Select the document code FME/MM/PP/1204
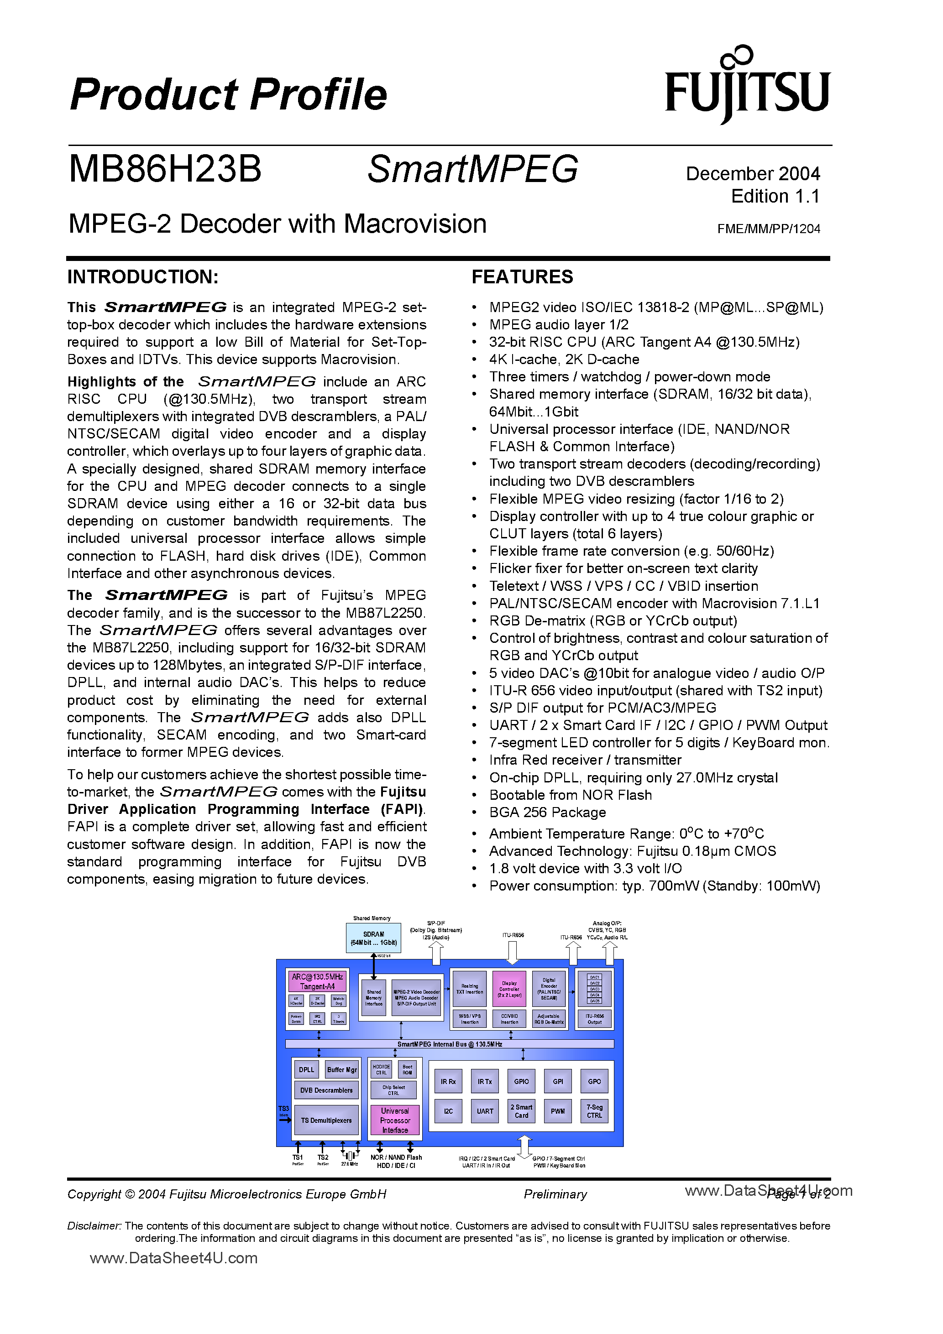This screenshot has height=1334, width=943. coord(768,229)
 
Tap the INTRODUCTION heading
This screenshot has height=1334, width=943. coord(143,276)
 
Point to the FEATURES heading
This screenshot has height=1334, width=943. coord(522,276)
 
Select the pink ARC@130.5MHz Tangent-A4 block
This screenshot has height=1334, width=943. coord(317,981)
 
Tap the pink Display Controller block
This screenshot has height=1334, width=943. coord(509,989)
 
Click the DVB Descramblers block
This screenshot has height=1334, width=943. coord(326,1090)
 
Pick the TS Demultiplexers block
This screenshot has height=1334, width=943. coord(326,1120)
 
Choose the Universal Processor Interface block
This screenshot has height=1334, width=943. coord(395,1120)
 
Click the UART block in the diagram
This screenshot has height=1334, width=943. coord(485,1111)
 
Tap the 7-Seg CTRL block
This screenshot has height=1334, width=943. coord(594,1111)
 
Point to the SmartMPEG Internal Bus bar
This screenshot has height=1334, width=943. coord(450,1044)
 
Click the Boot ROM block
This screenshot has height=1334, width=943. coord(407,1069)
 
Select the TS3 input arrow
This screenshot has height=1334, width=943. coord(285,1119)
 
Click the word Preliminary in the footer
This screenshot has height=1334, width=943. coord(555,1194)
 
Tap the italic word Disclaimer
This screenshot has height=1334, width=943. coord(94,1225)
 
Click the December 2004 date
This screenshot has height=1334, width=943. coord(753,174)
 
